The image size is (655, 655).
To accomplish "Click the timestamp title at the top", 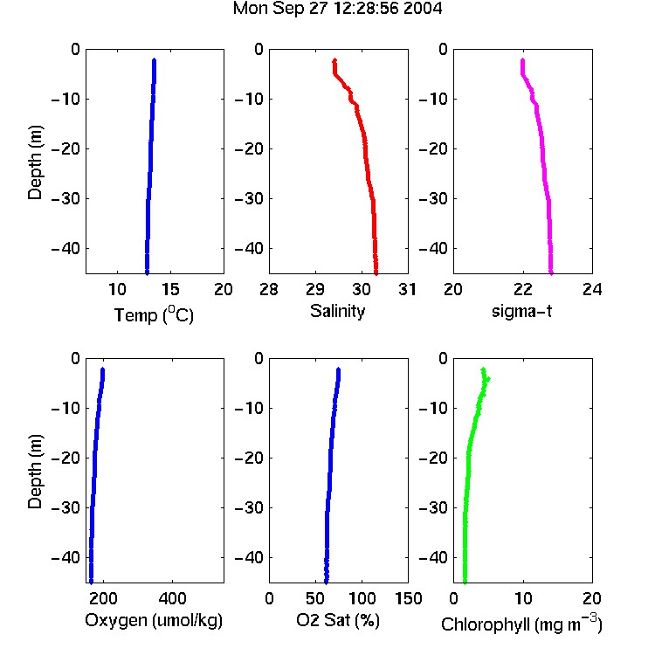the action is click(337, 9).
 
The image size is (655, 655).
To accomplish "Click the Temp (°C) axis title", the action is click(154, 314).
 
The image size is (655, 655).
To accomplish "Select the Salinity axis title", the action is click(337, 312).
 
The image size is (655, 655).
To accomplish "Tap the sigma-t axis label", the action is click(521, 311).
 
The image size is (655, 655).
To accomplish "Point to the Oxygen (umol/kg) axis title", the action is click(154, 621).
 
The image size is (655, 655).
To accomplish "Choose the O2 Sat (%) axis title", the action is click(337, 620).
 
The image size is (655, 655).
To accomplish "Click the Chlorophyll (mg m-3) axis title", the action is click(521, 624).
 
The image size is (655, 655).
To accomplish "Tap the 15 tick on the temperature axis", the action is click(170, 289).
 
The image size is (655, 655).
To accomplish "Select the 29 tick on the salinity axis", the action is click(315, 289).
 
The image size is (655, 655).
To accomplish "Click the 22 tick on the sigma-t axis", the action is click(523, 289).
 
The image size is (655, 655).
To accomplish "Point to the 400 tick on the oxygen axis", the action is click(173, 598).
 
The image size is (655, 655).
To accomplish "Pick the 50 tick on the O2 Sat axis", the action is click(315, 598).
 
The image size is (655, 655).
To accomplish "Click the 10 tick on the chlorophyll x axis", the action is click(523, 598).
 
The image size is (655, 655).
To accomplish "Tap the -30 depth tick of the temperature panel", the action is click(65, 198).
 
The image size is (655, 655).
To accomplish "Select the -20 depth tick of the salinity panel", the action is click(250, 148).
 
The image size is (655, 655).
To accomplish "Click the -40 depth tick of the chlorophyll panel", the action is click(433, 557).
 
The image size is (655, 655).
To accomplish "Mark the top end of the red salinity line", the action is click(334, 60).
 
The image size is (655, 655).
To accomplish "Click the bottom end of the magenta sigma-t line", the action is click(551, 273).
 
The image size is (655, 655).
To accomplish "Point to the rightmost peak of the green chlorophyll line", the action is click(488, 379).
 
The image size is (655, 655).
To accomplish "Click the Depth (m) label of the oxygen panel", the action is click(35, 472).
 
